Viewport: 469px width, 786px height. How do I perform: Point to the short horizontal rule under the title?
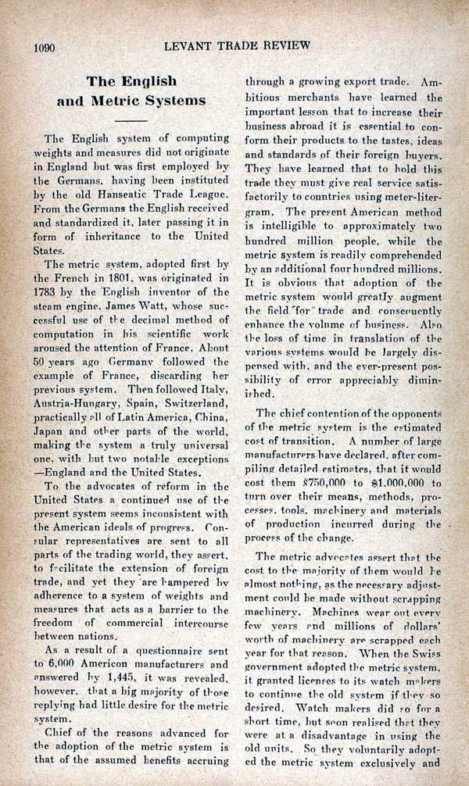tap(131, 121)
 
